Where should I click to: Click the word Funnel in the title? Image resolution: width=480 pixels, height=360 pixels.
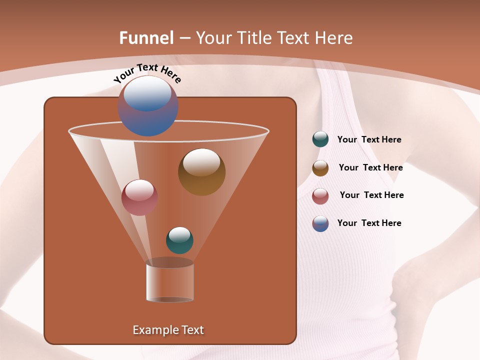(x=146, y=38)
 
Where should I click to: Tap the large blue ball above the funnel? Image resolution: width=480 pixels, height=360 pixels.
(x=147, y=105)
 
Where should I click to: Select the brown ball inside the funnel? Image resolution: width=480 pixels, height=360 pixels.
(x=201, y=171)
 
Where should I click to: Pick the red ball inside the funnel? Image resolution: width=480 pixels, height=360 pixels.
(x=139, y=197)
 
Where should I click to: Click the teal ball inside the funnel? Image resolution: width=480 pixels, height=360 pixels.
(x=179, y=240)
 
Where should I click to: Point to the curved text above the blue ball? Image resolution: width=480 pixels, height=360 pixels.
(x=147, y=73)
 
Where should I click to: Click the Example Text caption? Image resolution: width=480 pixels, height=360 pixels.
(x=168, y=330)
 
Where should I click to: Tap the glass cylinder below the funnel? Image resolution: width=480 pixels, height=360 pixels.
(x=170, y=282)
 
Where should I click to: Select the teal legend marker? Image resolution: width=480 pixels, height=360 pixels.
(x=320, y=139)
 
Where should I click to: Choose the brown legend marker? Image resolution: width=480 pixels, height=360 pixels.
(x=320, y=168)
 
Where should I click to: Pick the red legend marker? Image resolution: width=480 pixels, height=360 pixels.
(x=320, y=195)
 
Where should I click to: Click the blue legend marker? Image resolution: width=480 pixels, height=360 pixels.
(x=320, y=223)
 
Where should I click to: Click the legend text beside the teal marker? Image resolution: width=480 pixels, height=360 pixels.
(x=369, y=139)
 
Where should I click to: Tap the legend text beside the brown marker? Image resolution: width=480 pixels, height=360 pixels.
(x=370, y=167)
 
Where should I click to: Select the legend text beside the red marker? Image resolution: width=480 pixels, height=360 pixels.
(x=371, y=195)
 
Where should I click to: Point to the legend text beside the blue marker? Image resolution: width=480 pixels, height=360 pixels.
(x=369, y=223)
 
